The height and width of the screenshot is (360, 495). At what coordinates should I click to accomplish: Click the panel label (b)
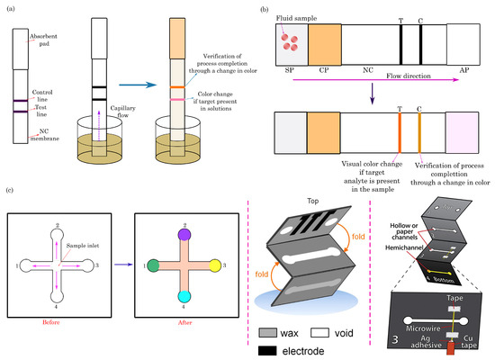[262, 8]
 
